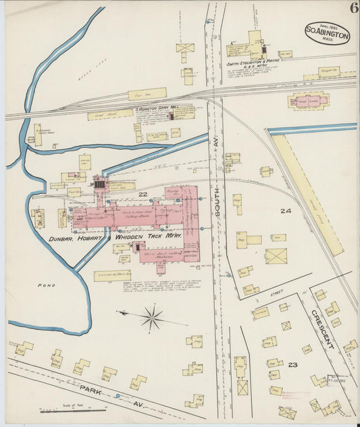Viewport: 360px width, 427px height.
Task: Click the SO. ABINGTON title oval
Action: point(328,32)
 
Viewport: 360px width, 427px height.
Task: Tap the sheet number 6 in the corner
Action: point(353,8)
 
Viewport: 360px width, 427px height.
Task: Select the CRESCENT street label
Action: point(322,329)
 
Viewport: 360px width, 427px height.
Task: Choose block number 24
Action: point(286,211)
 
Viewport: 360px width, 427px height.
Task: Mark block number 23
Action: point(292,364)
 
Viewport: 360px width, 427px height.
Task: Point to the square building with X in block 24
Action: point(276,256)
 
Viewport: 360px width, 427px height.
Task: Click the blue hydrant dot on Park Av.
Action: point(118,395)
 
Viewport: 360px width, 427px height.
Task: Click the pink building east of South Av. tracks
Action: point(309,101)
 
